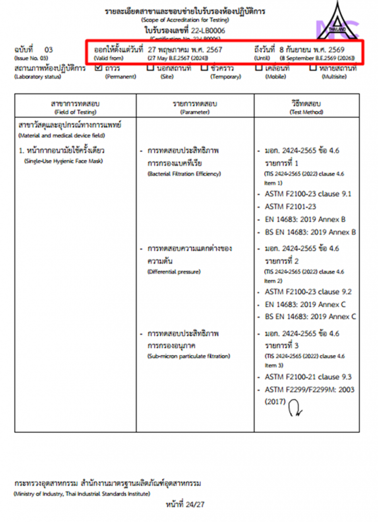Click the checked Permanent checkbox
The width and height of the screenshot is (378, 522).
[99, 68]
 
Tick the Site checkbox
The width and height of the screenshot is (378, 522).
[150, 68]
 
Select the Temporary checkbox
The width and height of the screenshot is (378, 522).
[204, 68]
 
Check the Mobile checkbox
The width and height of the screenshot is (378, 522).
[259, 68]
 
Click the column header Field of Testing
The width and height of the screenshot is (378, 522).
[75, 107]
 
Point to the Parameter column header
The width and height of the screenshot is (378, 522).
[195, 107]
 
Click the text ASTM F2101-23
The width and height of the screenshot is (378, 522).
[291, 207]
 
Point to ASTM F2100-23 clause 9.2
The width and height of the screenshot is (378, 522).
[308, 292]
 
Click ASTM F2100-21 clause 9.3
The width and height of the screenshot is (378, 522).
[308, 377]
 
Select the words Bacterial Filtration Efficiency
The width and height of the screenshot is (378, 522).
[184, 174]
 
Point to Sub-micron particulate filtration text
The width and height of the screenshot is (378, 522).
[189, 356]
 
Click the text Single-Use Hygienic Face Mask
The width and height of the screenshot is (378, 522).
[63, 161]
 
